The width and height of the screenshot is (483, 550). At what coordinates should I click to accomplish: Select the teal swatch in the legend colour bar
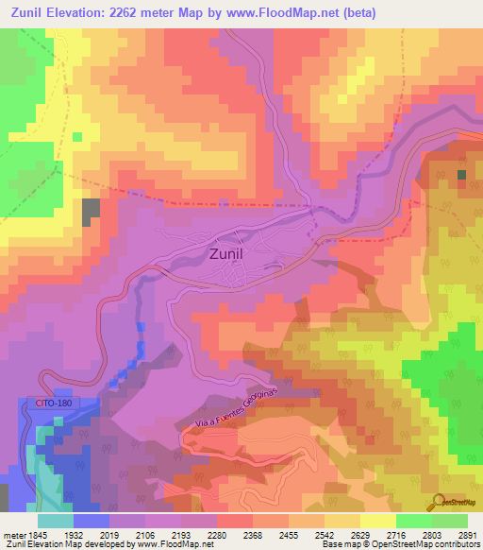[56, 521]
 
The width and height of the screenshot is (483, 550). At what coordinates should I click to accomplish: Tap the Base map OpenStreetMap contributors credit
[400, 545]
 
